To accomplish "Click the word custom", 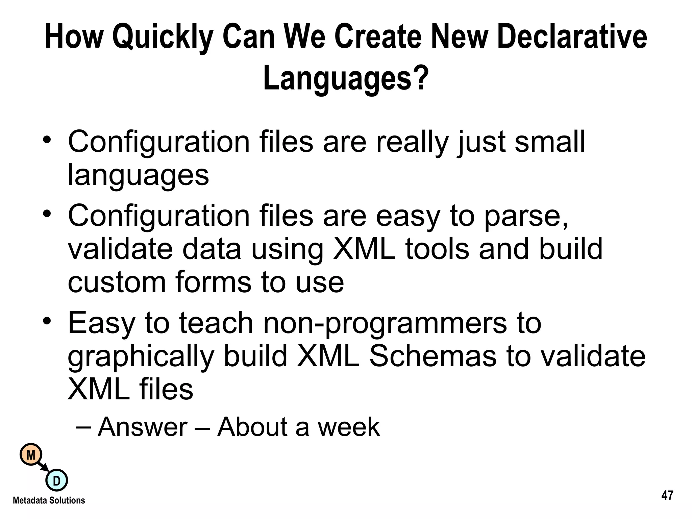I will pos(117,282).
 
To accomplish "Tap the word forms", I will pos(213,282).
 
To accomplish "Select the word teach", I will pos(216,323).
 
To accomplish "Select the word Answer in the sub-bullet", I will pos(142,427).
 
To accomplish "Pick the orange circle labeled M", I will pos(31,455).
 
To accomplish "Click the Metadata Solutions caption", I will pos(49,500).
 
